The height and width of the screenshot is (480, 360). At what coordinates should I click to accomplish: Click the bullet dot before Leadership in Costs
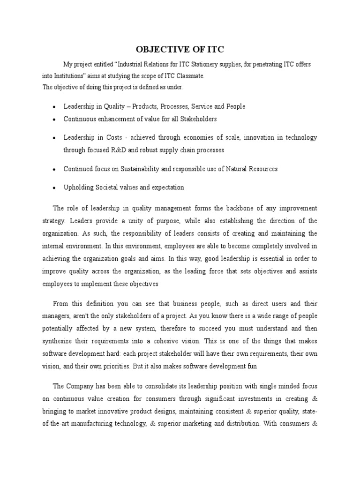point(54,138)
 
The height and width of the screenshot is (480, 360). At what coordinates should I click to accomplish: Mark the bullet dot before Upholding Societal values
point(54,188)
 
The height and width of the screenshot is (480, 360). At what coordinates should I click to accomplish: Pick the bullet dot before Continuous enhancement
point(54,120)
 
